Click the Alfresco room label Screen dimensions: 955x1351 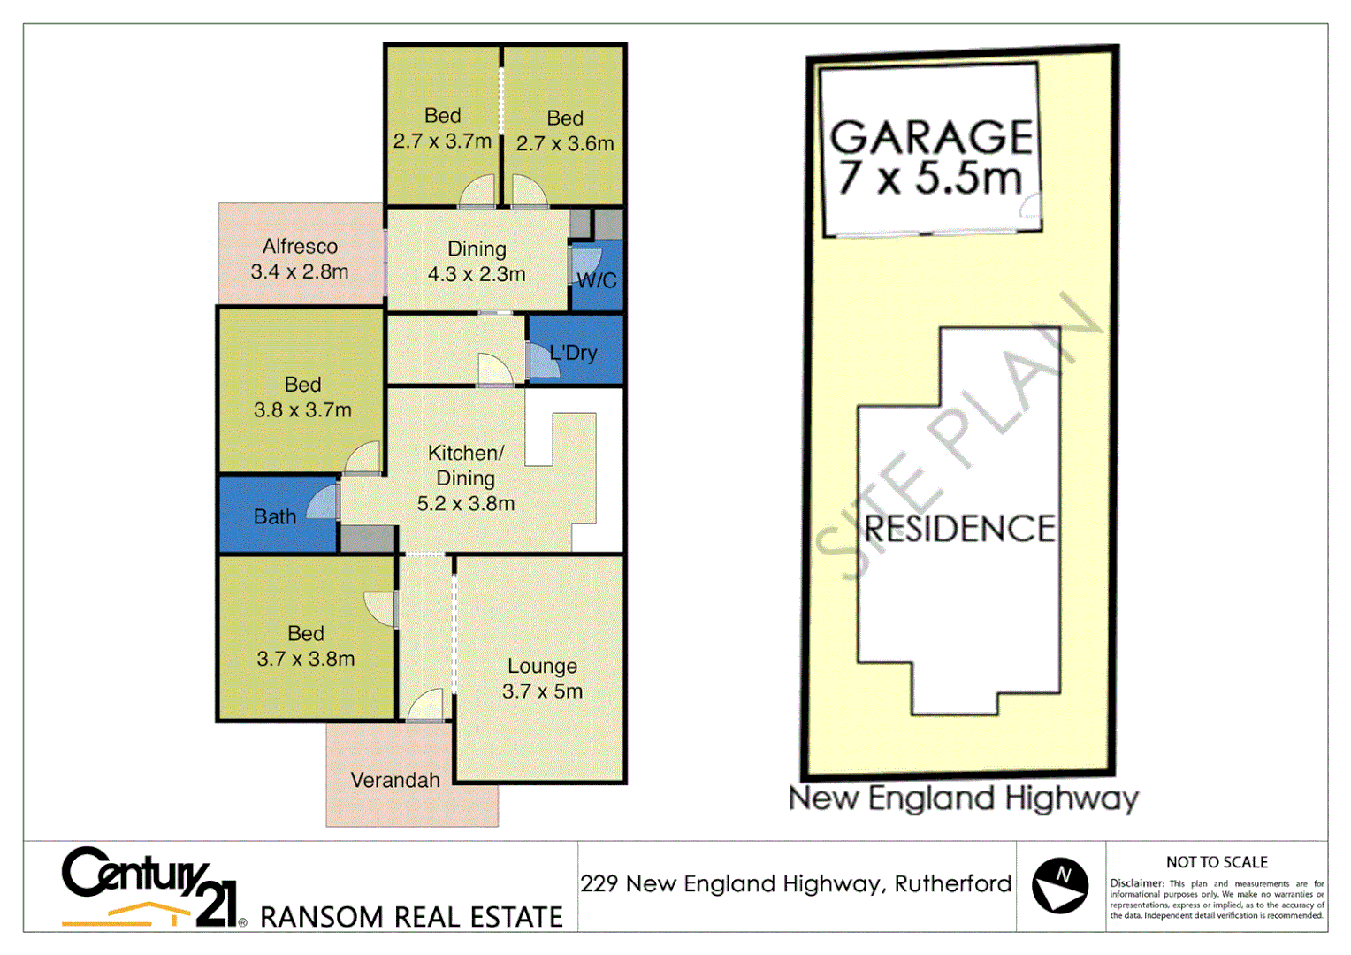(x=300, y=247)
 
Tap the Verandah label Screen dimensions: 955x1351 (x=395, y=780)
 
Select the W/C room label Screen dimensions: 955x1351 (x=597, y=281)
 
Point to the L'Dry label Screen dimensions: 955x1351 (x=573, y=353)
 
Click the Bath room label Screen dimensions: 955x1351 (x=275, y=517)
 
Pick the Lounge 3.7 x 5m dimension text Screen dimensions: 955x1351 (x=542, y=691)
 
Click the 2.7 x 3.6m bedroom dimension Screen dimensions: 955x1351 (x=565, y=143)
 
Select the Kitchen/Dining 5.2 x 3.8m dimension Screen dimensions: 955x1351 (x=466, y=504)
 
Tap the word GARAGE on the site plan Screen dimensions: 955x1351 (x=932, y=138)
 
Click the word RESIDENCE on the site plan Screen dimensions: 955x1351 (x=959, y=529)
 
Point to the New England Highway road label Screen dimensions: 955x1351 (x=964, y=798)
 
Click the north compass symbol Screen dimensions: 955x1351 (x=1060, y=885)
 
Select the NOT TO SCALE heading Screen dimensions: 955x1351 (x=1217, y=862)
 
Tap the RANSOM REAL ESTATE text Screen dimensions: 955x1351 (x=411, y=917)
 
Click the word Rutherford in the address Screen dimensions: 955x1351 (x=953, y=884)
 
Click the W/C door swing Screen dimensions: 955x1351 (x=586, y=264)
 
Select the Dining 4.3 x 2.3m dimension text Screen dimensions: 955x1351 (x=477, y=275)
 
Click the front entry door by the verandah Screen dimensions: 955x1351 (x=426, y=706)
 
